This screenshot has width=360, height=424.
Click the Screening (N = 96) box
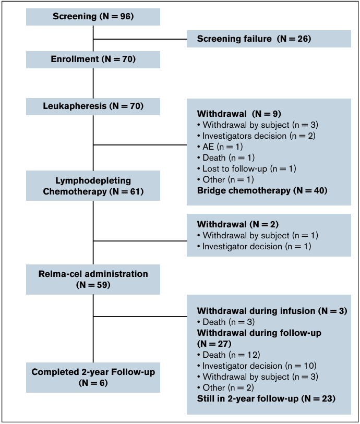pos(93,17)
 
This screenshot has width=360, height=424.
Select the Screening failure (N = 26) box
pos(269,39)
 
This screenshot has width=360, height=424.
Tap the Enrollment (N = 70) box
pos(93,59)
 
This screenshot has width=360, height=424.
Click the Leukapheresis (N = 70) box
pos(93,106)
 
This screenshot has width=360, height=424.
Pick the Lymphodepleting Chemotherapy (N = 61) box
pos(93,186)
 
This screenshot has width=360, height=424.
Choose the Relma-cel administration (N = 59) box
pos(93,280)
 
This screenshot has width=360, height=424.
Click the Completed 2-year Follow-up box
pos(93,378)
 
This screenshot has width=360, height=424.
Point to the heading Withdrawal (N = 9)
pos(239,114)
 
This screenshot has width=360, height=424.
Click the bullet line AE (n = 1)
pos(220,147)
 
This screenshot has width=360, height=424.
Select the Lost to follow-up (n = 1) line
pos(247,169)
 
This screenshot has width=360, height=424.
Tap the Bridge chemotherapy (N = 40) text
pos(262,191)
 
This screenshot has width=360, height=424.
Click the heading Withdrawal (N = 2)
pos(238,224)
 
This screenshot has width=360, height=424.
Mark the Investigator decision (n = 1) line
pos(254,246)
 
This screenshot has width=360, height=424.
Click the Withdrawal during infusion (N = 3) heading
pos(272,311)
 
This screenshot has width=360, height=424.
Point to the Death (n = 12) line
pos(229,355)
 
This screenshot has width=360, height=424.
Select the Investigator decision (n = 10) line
pos(257,366)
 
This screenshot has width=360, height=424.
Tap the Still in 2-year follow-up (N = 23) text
pos(266,398)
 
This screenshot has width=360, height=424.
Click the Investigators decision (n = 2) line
pos(256,136)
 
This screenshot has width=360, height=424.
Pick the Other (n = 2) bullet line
pos(225,388)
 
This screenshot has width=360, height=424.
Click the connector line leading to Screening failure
pos(140,39)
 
